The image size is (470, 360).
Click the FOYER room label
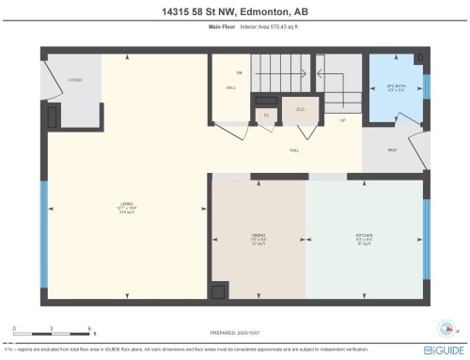(x=74, y=80)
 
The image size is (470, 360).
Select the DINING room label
(x=258, y=239)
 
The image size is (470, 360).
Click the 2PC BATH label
(x=395, y=89)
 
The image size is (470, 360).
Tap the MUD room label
(x=392, y=150)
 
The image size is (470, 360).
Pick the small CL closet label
(x=266, y=116)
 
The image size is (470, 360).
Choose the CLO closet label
(x=301, y=108)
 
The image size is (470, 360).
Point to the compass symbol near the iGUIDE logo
(x=446, y=329)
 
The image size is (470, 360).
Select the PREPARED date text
(x=235, y=332)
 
